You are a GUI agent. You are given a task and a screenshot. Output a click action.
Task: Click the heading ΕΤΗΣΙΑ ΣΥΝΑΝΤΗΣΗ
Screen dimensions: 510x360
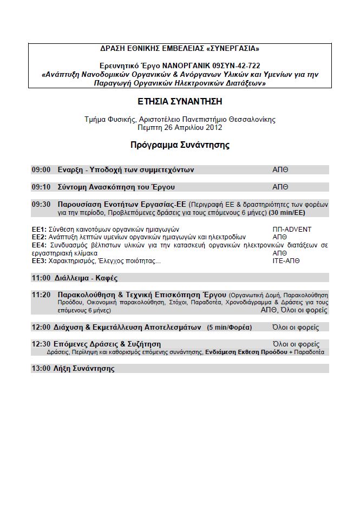(x=180, y=101)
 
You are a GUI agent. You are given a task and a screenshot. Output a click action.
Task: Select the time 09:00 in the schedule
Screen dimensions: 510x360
(x=41, y=170)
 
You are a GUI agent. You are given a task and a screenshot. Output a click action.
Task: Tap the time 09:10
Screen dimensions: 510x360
(x=41, y=187)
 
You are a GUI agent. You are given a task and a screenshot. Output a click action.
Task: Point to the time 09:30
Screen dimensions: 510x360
(x=41, y=205)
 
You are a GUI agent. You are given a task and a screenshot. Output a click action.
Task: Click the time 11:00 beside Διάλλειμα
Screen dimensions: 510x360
(x=41, y=278)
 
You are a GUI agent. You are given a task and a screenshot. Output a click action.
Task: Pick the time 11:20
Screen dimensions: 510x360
(x=41, y=295)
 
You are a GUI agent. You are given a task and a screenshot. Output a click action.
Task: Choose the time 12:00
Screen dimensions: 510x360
(x=41, y=328)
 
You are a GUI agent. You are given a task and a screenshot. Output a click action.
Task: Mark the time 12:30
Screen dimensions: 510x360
(x=41, y=344)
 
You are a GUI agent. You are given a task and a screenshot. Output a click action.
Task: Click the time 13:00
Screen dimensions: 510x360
(x=41, y=369)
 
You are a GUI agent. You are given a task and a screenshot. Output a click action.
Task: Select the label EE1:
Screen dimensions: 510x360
(x=38, y=230)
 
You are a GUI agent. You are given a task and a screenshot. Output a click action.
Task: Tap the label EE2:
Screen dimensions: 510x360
(x=38, y=237)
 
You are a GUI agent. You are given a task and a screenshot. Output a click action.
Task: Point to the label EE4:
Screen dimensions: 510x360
(x=38, y=245)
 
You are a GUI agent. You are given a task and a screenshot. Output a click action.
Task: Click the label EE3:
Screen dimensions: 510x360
(x=38, y=261)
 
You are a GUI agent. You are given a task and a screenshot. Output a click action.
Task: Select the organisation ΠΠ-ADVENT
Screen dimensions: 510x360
(x=292, y=230)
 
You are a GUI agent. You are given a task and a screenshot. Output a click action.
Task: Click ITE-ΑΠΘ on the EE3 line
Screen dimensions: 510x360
(x=287, y=261)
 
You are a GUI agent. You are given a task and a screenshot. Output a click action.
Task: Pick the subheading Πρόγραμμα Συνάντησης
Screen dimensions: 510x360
(x=180, y=145)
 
